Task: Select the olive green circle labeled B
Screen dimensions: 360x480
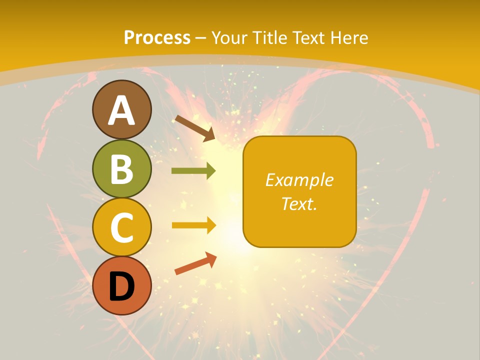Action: (122, 168)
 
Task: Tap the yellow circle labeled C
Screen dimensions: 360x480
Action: (122, 227)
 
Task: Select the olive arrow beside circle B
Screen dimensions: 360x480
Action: (193, 171)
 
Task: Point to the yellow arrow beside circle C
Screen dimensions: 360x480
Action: (193, 225)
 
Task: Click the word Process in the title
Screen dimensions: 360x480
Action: (157, 37)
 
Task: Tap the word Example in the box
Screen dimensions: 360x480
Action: (299, 180)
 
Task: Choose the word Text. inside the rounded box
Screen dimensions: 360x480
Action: (299, 203)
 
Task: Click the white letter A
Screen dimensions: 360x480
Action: (122, 110)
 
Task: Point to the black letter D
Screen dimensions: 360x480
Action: (122, 286)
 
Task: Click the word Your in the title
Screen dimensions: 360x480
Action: (229, 37)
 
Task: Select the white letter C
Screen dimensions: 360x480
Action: (122, 227)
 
